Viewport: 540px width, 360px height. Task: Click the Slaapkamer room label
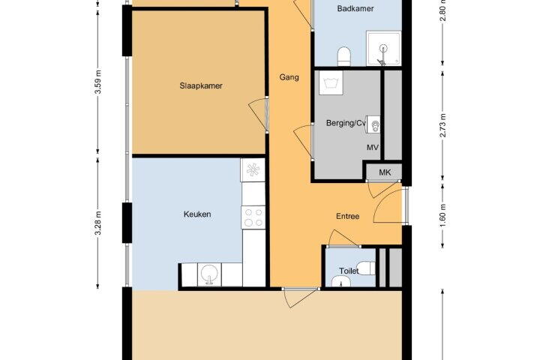(201, 85)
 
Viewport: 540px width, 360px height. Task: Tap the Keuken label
(197, 214)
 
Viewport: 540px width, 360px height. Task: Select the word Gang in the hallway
(289, 77)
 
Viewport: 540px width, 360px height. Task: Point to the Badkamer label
(355, 8)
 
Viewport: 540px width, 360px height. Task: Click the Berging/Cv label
(346, 123)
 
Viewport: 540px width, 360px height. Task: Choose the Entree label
(347, 216)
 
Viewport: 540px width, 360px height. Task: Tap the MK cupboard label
(385, 172)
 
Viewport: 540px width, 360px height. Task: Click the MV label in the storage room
(372, 148)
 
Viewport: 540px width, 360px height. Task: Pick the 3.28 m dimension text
(98, 223)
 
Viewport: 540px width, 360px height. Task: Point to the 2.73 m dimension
(443, 125)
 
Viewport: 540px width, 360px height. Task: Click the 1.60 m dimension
(443, 215)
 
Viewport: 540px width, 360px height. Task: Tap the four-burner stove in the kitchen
(253, 217)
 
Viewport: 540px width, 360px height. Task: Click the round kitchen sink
(209, 274)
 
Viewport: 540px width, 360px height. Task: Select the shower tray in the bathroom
(384, 48)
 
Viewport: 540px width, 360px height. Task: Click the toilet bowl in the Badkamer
(344, 56)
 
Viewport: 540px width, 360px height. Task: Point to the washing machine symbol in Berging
(331, 82)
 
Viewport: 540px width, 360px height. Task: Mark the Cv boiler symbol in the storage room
(373, 124)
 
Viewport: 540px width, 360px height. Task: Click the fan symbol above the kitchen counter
(253, 170)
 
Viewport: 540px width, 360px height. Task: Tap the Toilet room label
(349, 271)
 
